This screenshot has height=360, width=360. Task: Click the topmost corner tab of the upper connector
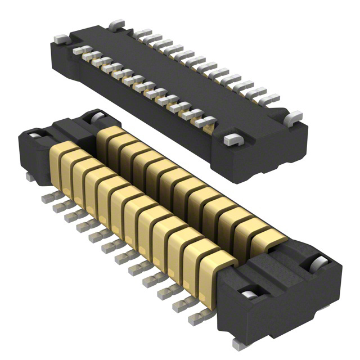(x=115, y=24)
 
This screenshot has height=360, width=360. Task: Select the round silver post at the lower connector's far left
(x=35, y=138)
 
